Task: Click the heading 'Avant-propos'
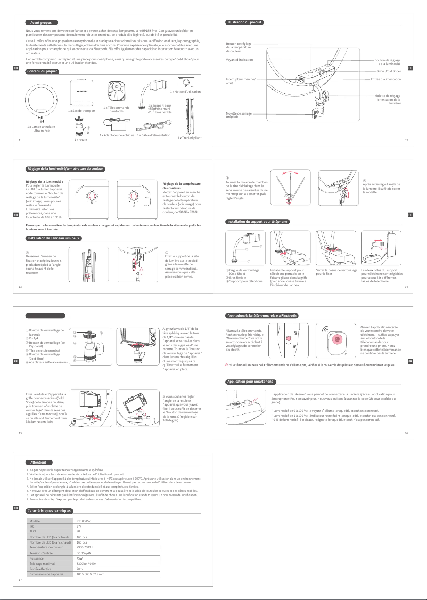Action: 41,22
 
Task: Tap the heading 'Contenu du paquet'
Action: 42,71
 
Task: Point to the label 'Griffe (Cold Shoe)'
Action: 388,71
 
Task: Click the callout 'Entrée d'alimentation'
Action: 386,79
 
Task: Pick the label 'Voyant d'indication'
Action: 240,60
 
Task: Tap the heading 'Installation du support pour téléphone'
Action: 258,221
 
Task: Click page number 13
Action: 20,287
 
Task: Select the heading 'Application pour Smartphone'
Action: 250,382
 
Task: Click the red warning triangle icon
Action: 227,365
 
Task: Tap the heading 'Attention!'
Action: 38,462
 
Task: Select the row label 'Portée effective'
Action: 40,569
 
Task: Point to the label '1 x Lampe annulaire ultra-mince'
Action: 41,128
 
